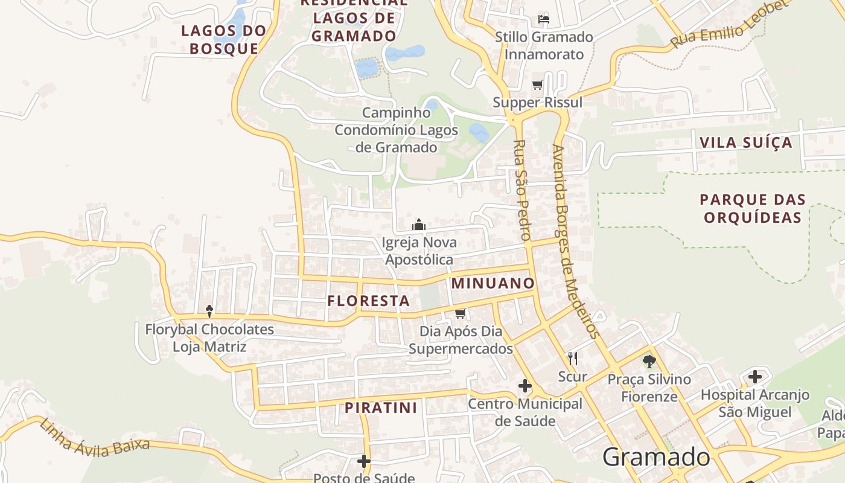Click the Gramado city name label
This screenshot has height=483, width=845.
(656, 457)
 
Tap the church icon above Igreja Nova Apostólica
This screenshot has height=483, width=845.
(419, 225)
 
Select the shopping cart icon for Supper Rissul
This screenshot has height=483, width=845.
(537, 85)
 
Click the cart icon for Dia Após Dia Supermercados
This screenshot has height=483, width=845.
(461, 313)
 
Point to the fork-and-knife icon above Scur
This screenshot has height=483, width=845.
(573, 359)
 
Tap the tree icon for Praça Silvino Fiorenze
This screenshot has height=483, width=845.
(649, 362)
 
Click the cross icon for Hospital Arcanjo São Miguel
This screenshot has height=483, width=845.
(754, 377)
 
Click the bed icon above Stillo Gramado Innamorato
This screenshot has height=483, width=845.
(543, 19)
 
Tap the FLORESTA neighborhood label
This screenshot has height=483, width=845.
(369, 301)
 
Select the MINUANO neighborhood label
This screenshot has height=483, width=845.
(493, 283)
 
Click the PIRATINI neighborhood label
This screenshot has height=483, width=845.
(381, 408)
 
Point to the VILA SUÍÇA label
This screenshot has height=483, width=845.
(745, 143)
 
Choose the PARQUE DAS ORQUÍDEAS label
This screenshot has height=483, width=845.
(753, 208)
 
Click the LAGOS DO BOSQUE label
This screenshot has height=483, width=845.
(224, 40)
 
